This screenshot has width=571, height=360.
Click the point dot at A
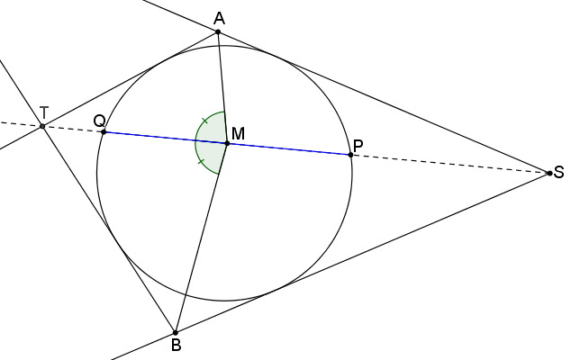coord(218,32)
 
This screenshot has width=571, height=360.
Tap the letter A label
coord(219,19)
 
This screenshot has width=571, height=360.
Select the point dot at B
coord(176,333)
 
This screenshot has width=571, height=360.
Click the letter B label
coord(176,346)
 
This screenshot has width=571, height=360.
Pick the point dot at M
coord(228,144)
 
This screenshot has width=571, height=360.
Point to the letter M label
coord(238,134)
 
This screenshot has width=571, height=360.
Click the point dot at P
coord(350,155)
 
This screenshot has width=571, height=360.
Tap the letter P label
coord(358,146)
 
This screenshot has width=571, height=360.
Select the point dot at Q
coord(104,131)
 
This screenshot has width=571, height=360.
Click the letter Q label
coord(99,121)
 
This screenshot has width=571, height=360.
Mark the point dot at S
coord(550,174)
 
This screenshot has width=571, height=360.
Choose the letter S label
coord(558,173)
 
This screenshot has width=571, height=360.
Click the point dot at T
coord(42,126)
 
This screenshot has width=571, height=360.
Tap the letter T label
coord(44,112)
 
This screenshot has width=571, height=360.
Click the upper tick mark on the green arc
coord(204,121)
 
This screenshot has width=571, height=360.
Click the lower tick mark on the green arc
coord(201,161)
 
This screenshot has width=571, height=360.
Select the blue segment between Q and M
coord(166,138)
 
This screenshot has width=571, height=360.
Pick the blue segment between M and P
coord(289,149)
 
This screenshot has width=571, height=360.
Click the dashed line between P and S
coord(450,164)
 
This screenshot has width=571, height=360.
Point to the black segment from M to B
coord(202,238)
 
